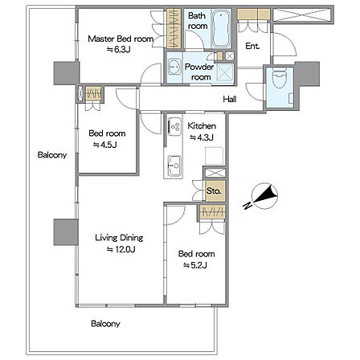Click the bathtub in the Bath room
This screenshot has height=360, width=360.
221,29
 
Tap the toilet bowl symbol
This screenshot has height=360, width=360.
279,78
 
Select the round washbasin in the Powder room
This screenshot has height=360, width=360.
174,67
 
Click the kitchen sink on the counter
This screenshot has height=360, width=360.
174,166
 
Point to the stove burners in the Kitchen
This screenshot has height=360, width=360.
174,126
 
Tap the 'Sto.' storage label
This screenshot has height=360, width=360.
214,191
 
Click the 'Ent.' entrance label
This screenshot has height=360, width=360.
252,46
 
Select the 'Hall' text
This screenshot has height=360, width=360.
230,100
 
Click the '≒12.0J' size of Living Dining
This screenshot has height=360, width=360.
121,250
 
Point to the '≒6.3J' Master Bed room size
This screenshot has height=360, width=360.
119,50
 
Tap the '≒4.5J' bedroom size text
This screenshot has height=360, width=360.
104,145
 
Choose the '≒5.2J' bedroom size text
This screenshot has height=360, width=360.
194,265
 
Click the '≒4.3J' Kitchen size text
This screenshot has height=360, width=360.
202,137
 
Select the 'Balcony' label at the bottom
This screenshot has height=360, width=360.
105,324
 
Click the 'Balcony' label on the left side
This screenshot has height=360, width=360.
52,155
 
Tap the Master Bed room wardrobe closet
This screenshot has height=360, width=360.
174,29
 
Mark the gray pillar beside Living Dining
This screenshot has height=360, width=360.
66,232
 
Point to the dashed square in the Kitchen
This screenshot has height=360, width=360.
214,156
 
